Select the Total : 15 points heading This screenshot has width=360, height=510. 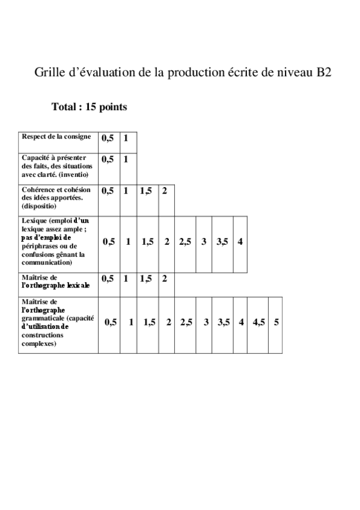89,107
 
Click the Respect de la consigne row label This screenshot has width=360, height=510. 56,137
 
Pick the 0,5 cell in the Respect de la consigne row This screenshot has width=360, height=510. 108,138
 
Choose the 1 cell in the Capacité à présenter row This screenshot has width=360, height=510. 126,159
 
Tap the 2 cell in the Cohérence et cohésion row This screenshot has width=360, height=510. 164,191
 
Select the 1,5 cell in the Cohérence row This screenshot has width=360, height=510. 146,191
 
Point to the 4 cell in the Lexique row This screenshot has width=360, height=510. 240,242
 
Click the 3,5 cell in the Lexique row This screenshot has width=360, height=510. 222,242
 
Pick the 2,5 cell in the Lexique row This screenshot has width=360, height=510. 185,242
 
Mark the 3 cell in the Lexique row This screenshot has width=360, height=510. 204,242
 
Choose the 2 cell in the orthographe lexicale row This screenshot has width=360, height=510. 164,278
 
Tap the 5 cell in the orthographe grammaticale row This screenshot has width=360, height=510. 276,322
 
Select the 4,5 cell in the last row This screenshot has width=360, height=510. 258,322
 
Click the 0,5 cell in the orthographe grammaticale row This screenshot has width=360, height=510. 111,322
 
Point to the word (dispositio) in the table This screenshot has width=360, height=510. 38,205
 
